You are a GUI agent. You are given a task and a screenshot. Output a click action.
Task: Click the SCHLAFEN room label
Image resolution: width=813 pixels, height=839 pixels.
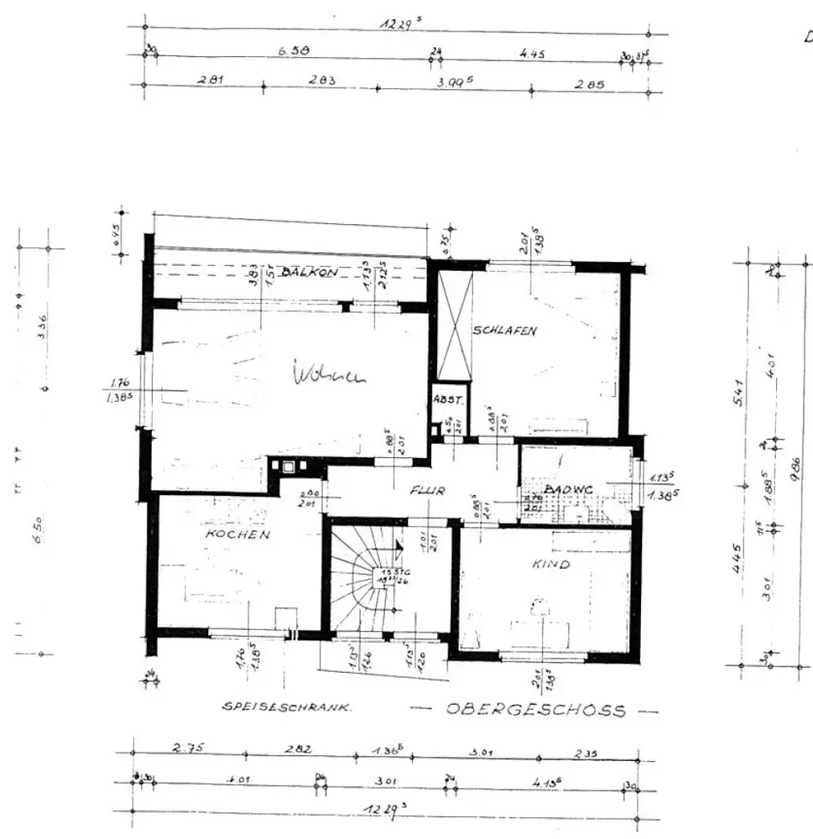504,330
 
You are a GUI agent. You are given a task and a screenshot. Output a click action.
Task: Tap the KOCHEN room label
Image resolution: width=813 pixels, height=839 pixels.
238,533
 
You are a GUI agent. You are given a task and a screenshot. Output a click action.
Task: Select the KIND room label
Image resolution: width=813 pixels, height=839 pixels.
550,564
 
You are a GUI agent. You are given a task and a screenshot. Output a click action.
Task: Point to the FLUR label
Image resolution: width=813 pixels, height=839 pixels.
427,492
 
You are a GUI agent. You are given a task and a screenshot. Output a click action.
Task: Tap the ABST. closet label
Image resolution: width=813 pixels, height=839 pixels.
444,399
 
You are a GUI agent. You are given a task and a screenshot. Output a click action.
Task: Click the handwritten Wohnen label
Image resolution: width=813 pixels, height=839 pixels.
330,375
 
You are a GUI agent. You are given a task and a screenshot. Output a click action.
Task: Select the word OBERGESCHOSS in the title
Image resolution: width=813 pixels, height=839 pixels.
536,710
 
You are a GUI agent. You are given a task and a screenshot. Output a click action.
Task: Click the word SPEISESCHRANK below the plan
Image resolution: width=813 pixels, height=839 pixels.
287,707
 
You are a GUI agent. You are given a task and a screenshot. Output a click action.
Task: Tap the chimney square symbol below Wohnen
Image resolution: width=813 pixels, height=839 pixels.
288,468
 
